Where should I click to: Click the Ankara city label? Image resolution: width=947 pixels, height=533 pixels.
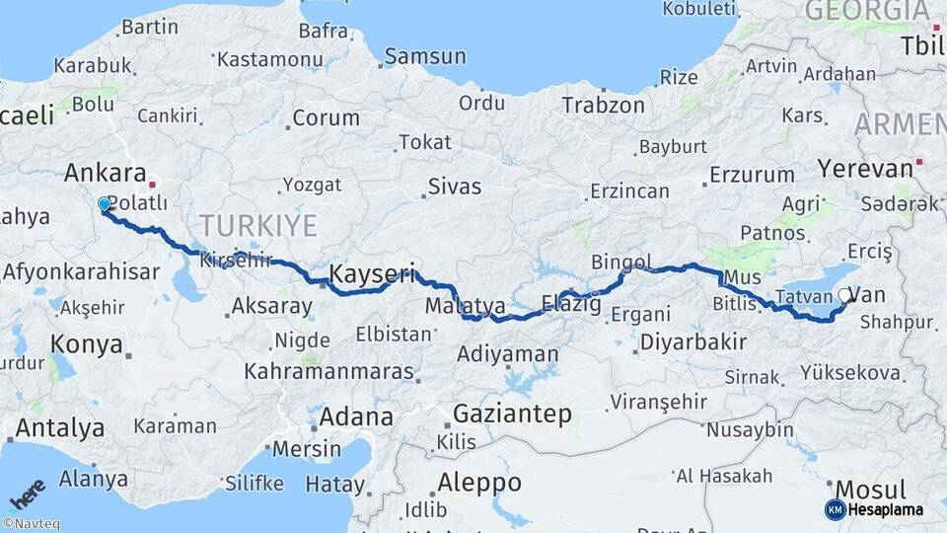point(105,174)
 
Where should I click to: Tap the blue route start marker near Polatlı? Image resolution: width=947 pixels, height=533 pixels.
point(105,204)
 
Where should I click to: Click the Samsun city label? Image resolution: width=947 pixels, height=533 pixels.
point(424,56)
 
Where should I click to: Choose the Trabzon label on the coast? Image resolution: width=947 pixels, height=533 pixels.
point(603,105)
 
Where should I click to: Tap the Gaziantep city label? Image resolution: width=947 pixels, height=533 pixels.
point(512,414)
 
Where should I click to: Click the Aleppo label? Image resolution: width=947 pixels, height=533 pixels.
point(480,483)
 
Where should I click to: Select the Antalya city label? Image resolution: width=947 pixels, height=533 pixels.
point(60,428)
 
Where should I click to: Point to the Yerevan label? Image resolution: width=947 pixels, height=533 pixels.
point(865,168)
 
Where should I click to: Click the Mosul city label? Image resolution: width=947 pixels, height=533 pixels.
point(870,490)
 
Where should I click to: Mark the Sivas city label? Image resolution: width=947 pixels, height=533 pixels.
point(455,187)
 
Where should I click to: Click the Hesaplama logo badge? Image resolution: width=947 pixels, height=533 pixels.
point(874,509)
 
